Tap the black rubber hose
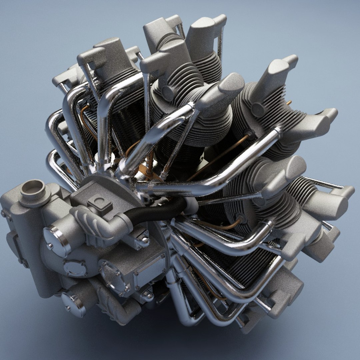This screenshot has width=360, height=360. [x=157, y=212]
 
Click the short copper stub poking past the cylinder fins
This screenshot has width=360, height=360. [x=288, y=103]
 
